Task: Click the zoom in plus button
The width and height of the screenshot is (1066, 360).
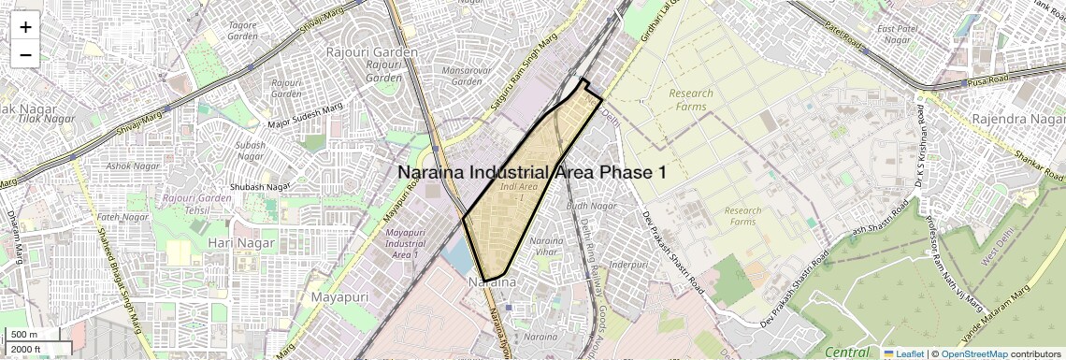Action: coord(25,27)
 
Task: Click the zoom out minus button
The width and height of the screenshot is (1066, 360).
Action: coord(25,55)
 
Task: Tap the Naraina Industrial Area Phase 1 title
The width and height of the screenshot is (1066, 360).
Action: coord(532,172)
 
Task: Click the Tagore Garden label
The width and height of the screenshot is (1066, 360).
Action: coord(242,30)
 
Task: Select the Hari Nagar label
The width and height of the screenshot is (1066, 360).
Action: coord(241,243)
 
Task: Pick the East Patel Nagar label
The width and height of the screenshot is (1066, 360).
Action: coord(902,35)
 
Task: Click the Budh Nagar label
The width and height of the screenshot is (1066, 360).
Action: coord(591,206)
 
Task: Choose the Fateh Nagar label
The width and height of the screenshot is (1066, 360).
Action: coord(117,218)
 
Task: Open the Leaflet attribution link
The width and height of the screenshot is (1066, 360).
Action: coord(903,353)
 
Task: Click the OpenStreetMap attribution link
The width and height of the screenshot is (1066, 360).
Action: coord(973,353)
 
